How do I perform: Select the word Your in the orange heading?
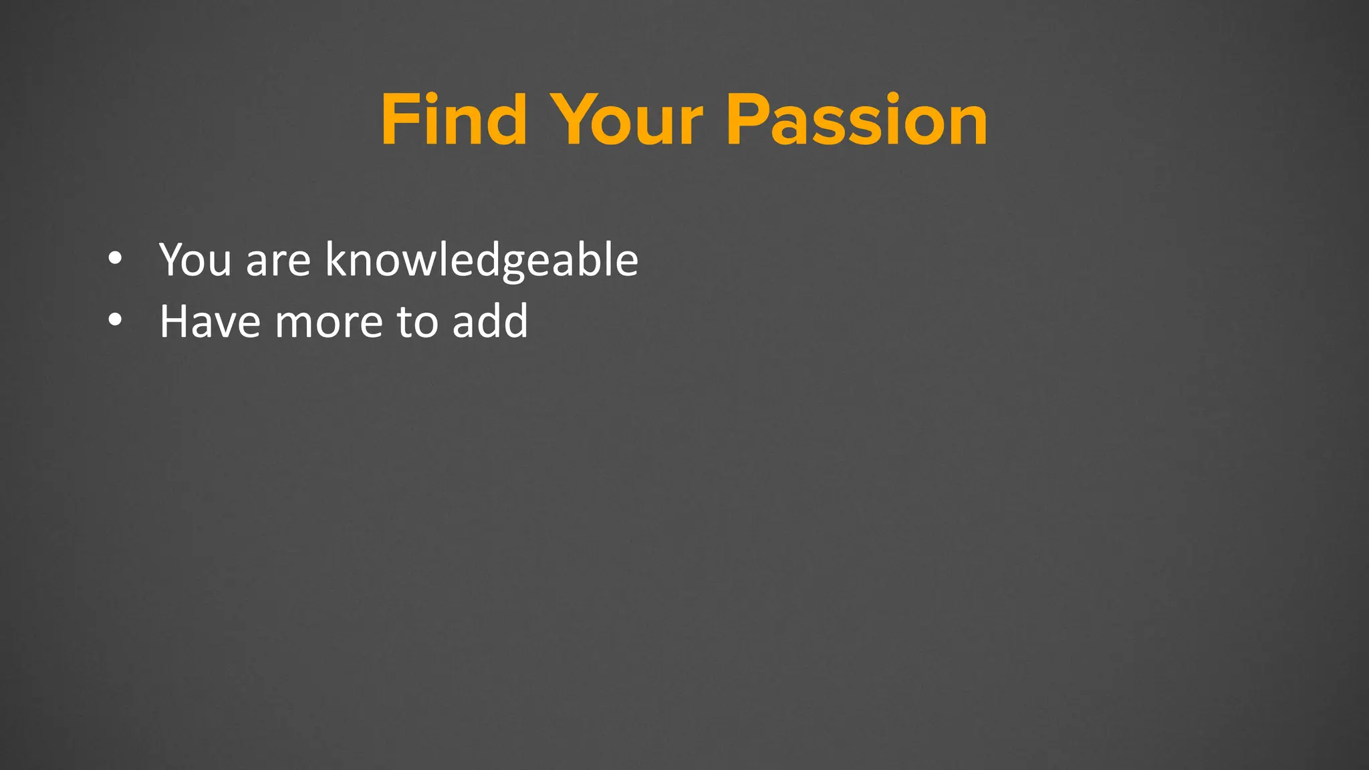628,120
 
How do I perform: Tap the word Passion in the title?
856,120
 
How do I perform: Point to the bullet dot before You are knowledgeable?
115,258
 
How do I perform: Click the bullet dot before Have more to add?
115,320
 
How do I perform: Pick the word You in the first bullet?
195,259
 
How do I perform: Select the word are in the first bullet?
278,261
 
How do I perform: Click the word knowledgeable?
481,261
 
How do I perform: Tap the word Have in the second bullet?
209,322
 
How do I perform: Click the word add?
490,322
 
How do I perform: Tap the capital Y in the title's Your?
575,120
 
